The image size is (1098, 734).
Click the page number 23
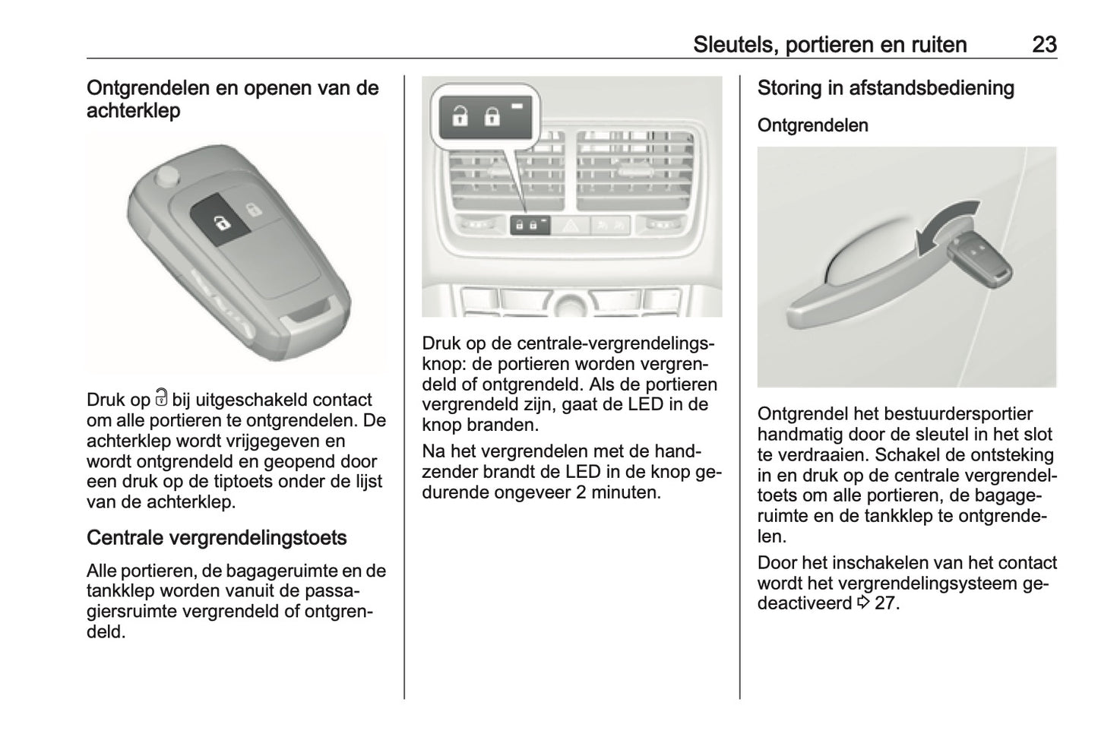[x=1044, y=45]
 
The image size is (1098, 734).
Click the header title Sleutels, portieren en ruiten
[x=829, y=45]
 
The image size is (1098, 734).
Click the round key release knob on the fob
[x=166, y=176]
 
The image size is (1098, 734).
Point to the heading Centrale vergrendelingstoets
[x=217, y=538]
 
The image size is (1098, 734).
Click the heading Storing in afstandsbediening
[x=885, y=88]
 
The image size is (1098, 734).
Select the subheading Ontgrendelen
[x=812, y=125]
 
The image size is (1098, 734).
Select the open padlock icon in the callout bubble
[x=460, y=116]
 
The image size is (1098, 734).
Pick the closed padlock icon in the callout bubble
[x=492, y=116]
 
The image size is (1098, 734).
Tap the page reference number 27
[x=886, y=604]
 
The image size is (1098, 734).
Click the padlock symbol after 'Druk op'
[x=160, y=397]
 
